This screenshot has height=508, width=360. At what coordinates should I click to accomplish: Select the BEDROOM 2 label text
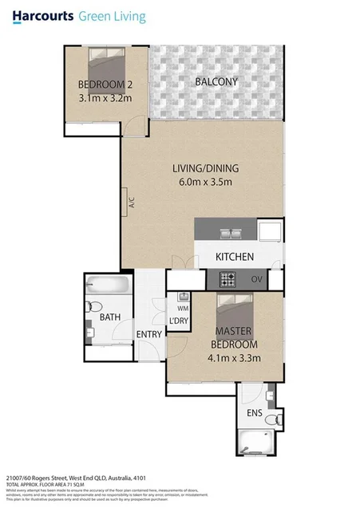105,85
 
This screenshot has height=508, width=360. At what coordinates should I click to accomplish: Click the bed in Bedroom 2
106,62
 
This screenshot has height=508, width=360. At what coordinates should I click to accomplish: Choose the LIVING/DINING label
206,168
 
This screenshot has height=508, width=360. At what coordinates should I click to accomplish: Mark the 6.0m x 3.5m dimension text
206,182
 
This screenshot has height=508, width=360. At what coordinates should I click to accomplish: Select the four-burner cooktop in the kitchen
228,280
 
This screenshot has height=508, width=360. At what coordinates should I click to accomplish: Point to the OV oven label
257,280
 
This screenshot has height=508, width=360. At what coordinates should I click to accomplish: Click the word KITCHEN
235,257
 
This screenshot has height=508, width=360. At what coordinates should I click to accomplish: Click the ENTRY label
149,334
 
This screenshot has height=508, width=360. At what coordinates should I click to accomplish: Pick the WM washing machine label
182,308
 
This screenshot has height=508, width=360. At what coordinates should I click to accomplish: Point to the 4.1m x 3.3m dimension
235,357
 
